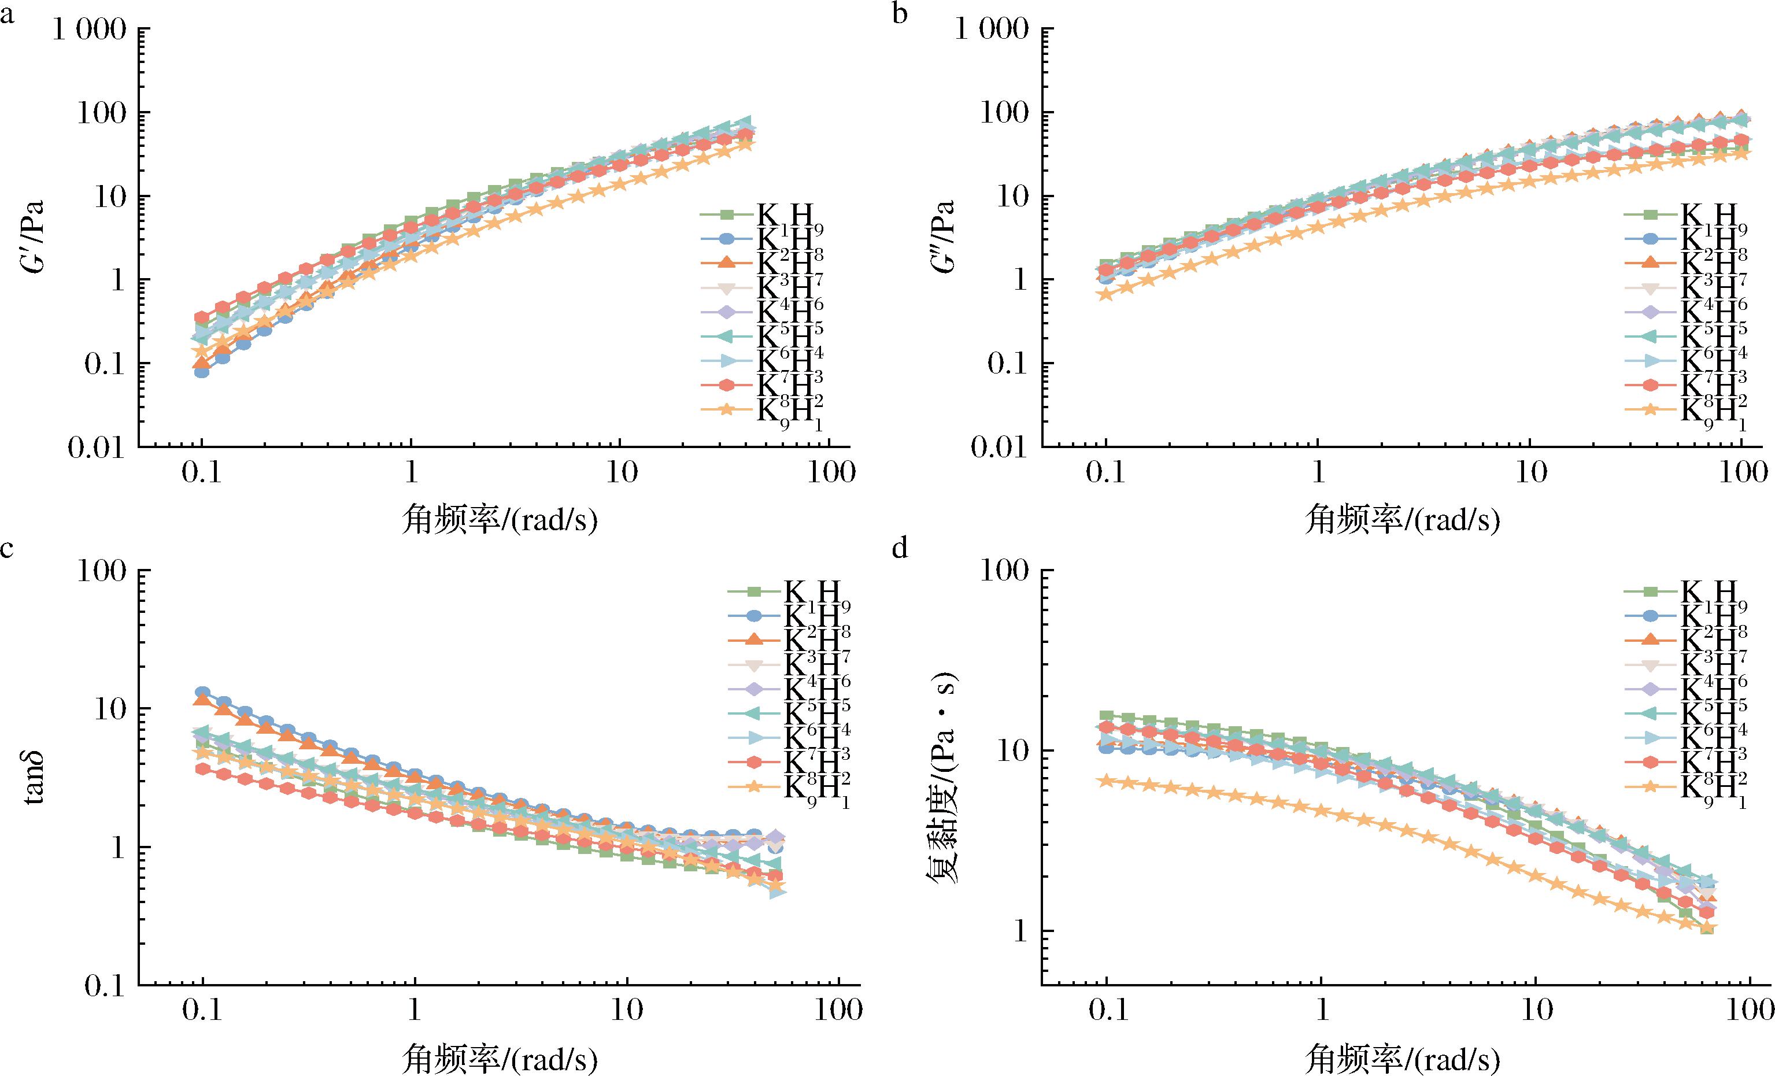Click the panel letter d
(x=900, y=549)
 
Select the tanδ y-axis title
(x=32, y=778)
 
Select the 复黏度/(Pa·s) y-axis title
(x=942, y=778)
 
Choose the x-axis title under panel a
(x=499, y=520)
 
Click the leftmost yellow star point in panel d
(x=1107, y=780)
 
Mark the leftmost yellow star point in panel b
(x=1107, y=293)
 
